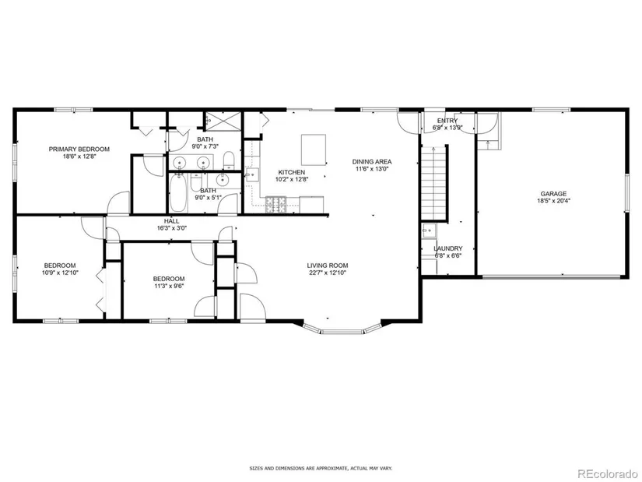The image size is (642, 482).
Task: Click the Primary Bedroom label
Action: pos(79,150)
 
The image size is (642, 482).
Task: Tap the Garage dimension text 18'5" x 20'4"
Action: pos(553,201)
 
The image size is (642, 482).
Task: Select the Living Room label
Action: pos(328,266)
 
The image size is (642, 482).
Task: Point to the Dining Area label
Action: pos(372,162)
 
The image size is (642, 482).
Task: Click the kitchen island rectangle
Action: pos(314,150)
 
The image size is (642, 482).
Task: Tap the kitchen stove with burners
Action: pos(276,205)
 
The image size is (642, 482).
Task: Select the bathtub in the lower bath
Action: pos(179,192)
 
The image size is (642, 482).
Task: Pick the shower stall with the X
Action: pos(223,121)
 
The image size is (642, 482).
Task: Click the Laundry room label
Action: pos(448,249)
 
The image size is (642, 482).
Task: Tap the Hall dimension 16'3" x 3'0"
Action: pos(171,228)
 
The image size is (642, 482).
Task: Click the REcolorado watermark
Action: pos(607,473)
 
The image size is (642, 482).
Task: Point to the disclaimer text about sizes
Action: pos(321,468)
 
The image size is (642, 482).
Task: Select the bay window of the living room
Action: pos(342,328)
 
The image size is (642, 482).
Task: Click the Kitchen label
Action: pos(292,173)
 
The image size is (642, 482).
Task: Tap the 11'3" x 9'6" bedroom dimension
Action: pos(169,286)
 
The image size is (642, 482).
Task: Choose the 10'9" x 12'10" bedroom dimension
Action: pos(60,273)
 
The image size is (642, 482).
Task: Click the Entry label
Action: pos(447,121)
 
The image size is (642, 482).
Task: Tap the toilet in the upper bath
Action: pos(229,160)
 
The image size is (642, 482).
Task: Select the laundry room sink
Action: pos(429,230)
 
